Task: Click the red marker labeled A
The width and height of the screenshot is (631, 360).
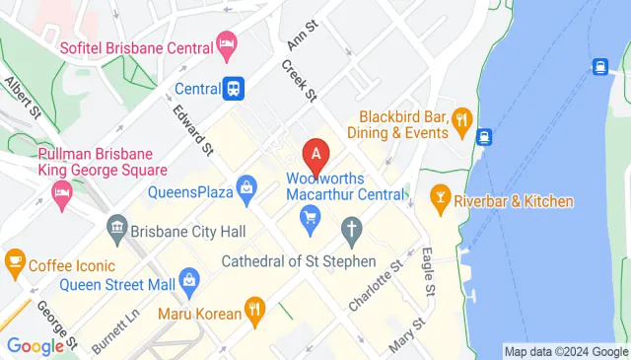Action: click(x=315, y=154)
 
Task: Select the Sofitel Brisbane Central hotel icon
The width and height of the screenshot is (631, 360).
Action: click(x=228, y=45)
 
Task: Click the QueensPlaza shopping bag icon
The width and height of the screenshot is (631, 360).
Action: click(x=246, y=186)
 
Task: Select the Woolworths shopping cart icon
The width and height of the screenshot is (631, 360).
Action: click(x=312, y=215)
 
